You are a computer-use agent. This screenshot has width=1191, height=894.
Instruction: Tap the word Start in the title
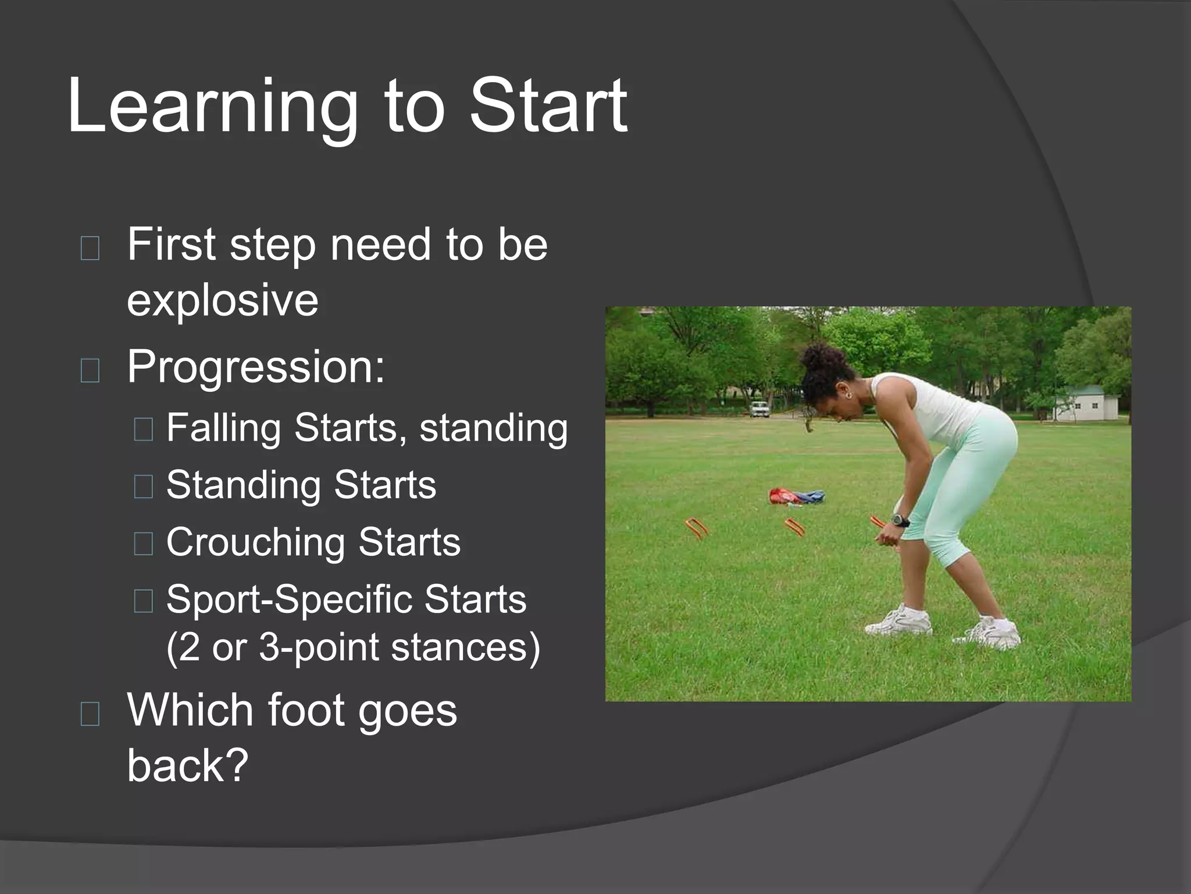pyautogui.click(x=548, y=107)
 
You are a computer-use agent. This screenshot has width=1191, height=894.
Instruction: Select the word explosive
pyautogui.click(x=222, y=301)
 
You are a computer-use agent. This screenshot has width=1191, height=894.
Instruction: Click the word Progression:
pyautogui.click(x=255, y=367)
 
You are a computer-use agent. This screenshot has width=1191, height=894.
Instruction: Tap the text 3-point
pyautogui.click(x=318, y=647)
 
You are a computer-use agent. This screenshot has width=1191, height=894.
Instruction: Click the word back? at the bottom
pyautogui.click(x=187, y=765)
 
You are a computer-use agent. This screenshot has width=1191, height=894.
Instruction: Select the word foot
pyautogui.click(x=306, y=711)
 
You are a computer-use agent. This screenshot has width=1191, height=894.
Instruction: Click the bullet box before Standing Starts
pyautogui.click(x=143, y=487)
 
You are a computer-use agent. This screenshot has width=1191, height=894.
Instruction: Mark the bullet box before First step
pyautogui.click(x=90, y=248)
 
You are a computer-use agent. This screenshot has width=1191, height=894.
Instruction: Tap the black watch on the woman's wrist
pyautogui.click(x=900, y=520)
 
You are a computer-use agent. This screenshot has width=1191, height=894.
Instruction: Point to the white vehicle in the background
pyautogui.click(x=759, y=409)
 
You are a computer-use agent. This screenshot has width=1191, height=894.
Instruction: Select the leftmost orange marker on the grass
pyautogui.click(x=696, y=527)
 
